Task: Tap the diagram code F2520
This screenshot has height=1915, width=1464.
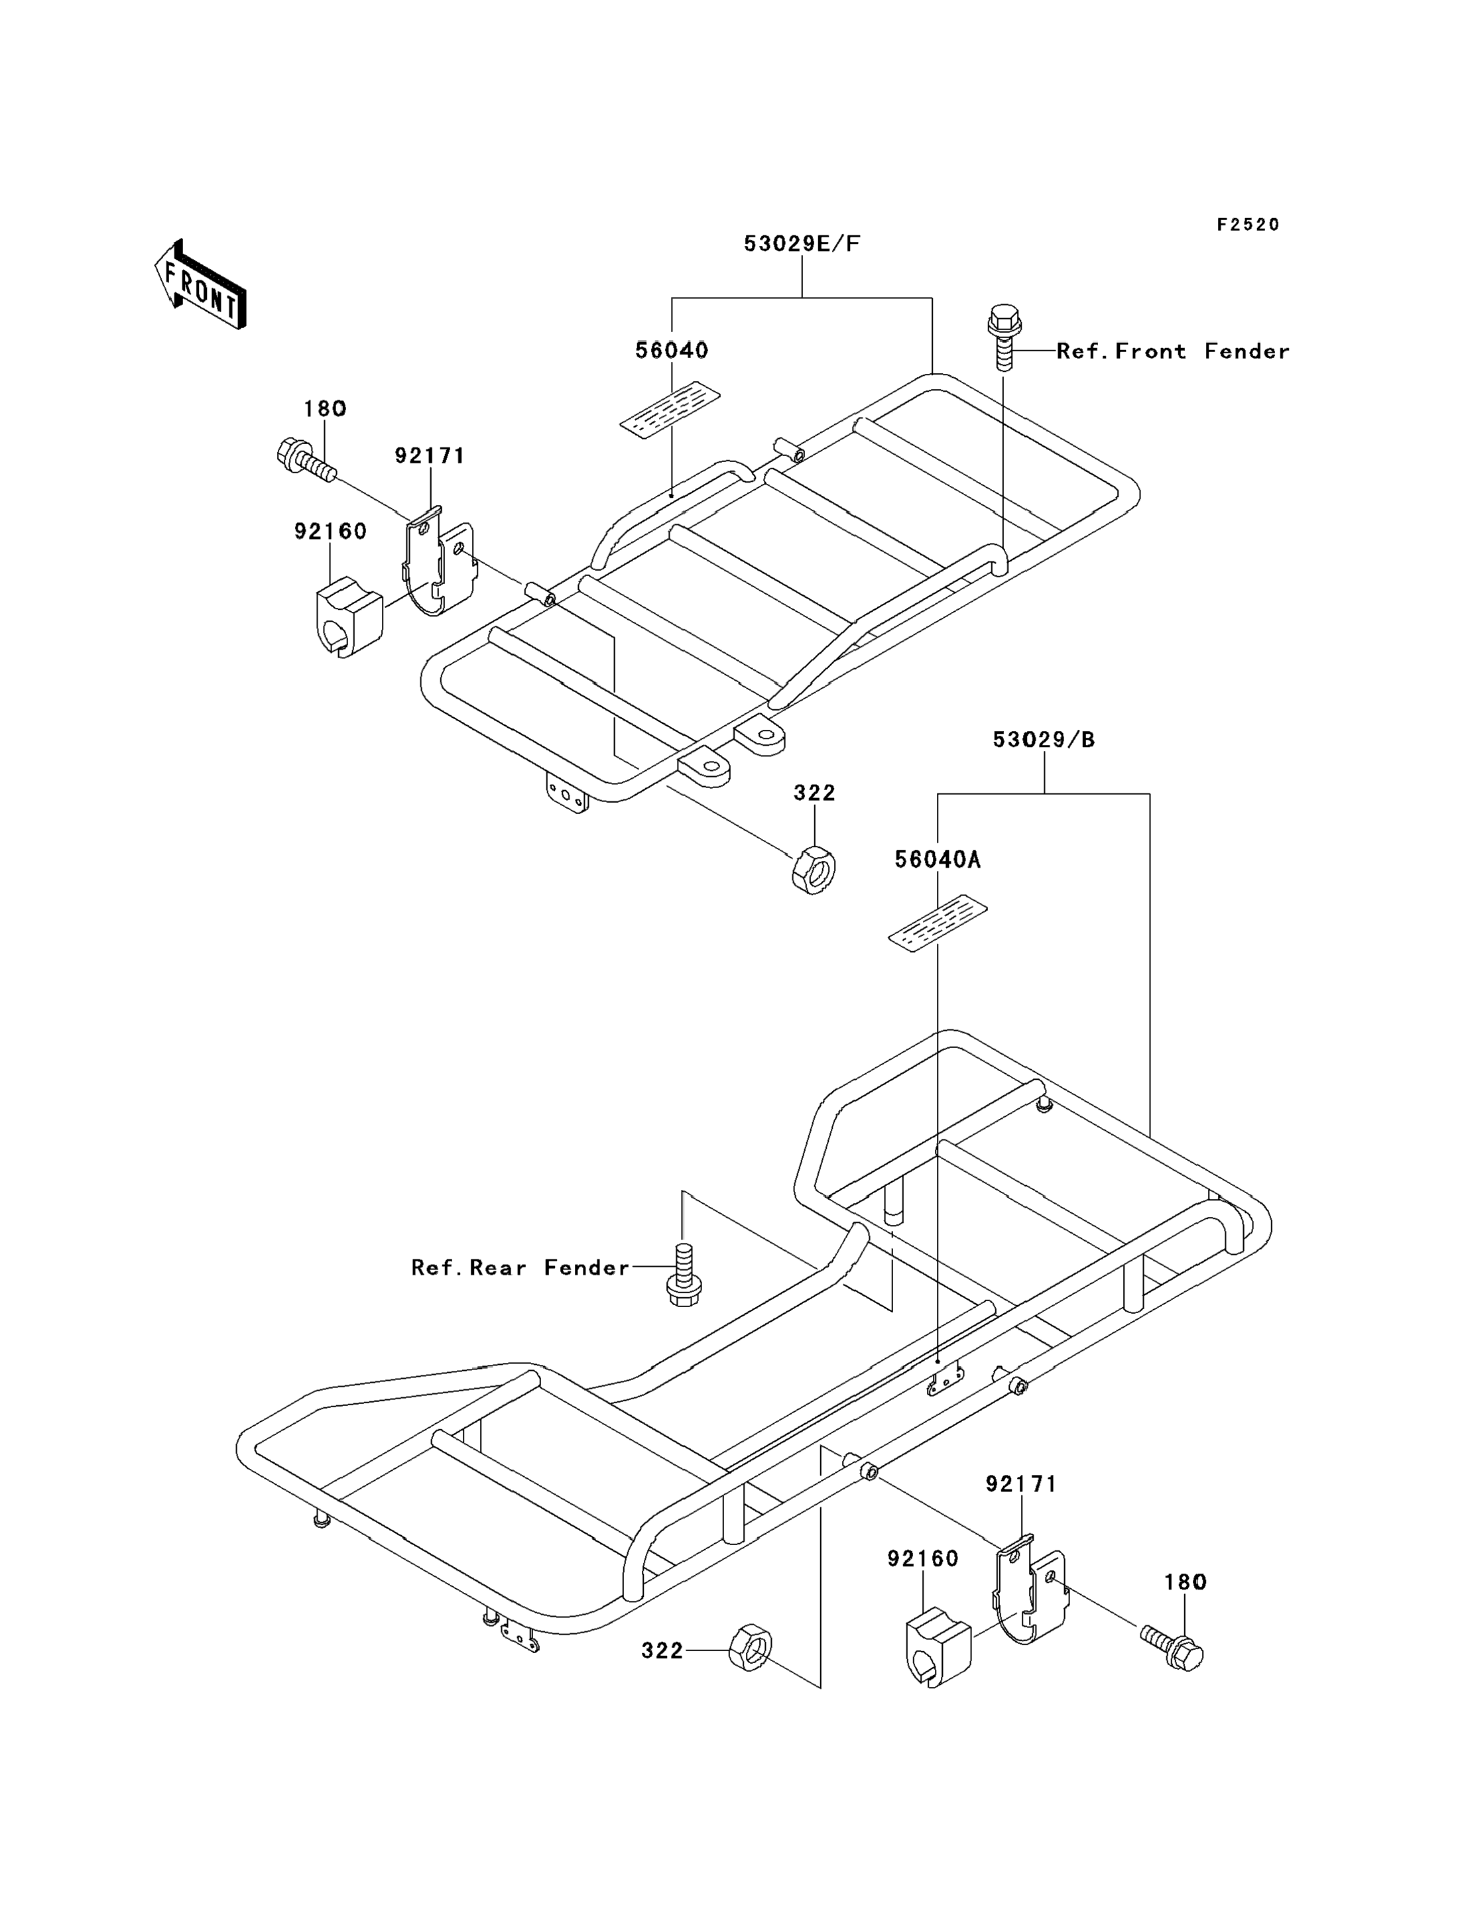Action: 1248,225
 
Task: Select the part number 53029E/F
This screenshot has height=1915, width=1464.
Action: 802,244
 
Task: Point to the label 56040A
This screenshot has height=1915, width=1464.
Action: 938,860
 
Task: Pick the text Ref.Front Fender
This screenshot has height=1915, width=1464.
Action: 1173,351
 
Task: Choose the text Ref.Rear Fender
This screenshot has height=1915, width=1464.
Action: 520,1267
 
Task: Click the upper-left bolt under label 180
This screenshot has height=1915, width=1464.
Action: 306,459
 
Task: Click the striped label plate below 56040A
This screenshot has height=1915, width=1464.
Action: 938,923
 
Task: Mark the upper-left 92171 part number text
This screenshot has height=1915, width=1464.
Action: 430,455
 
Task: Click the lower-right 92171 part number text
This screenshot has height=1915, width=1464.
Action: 1021,1483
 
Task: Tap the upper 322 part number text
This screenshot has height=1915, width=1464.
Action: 815,792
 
